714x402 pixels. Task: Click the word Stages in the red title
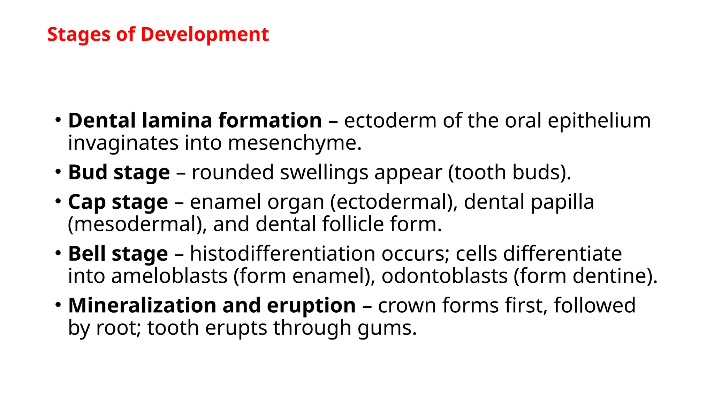point(78,35)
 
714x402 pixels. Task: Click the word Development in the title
point(205,35)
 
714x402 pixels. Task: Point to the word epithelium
point(599,121)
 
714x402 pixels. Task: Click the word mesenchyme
point(295,143)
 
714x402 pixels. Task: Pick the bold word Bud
point(88,172)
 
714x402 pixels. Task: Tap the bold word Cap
point(87,202)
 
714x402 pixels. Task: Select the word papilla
point(562,202)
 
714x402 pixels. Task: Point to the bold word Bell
point(87,254)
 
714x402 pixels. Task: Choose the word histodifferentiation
point(282,254)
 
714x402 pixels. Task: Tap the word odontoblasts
point(445,276)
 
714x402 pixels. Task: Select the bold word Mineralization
point(142,305)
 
